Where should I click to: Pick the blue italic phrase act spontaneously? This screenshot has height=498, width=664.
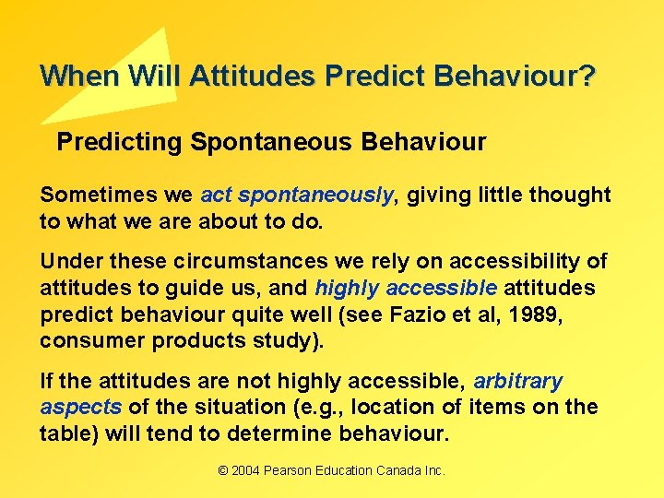(x=297, y=195)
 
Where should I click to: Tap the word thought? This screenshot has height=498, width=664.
(x=569, y=195)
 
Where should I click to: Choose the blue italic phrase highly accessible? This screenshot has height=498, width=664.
(x=406, y=289)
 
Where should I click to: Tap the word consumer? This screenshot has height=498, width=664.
(x=85, y=340)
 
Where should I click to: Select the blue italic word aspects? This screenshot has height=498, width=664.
(x=81, y=408)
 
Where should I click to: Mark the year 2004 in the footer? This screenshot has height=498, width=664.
(x=245, y=470)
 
